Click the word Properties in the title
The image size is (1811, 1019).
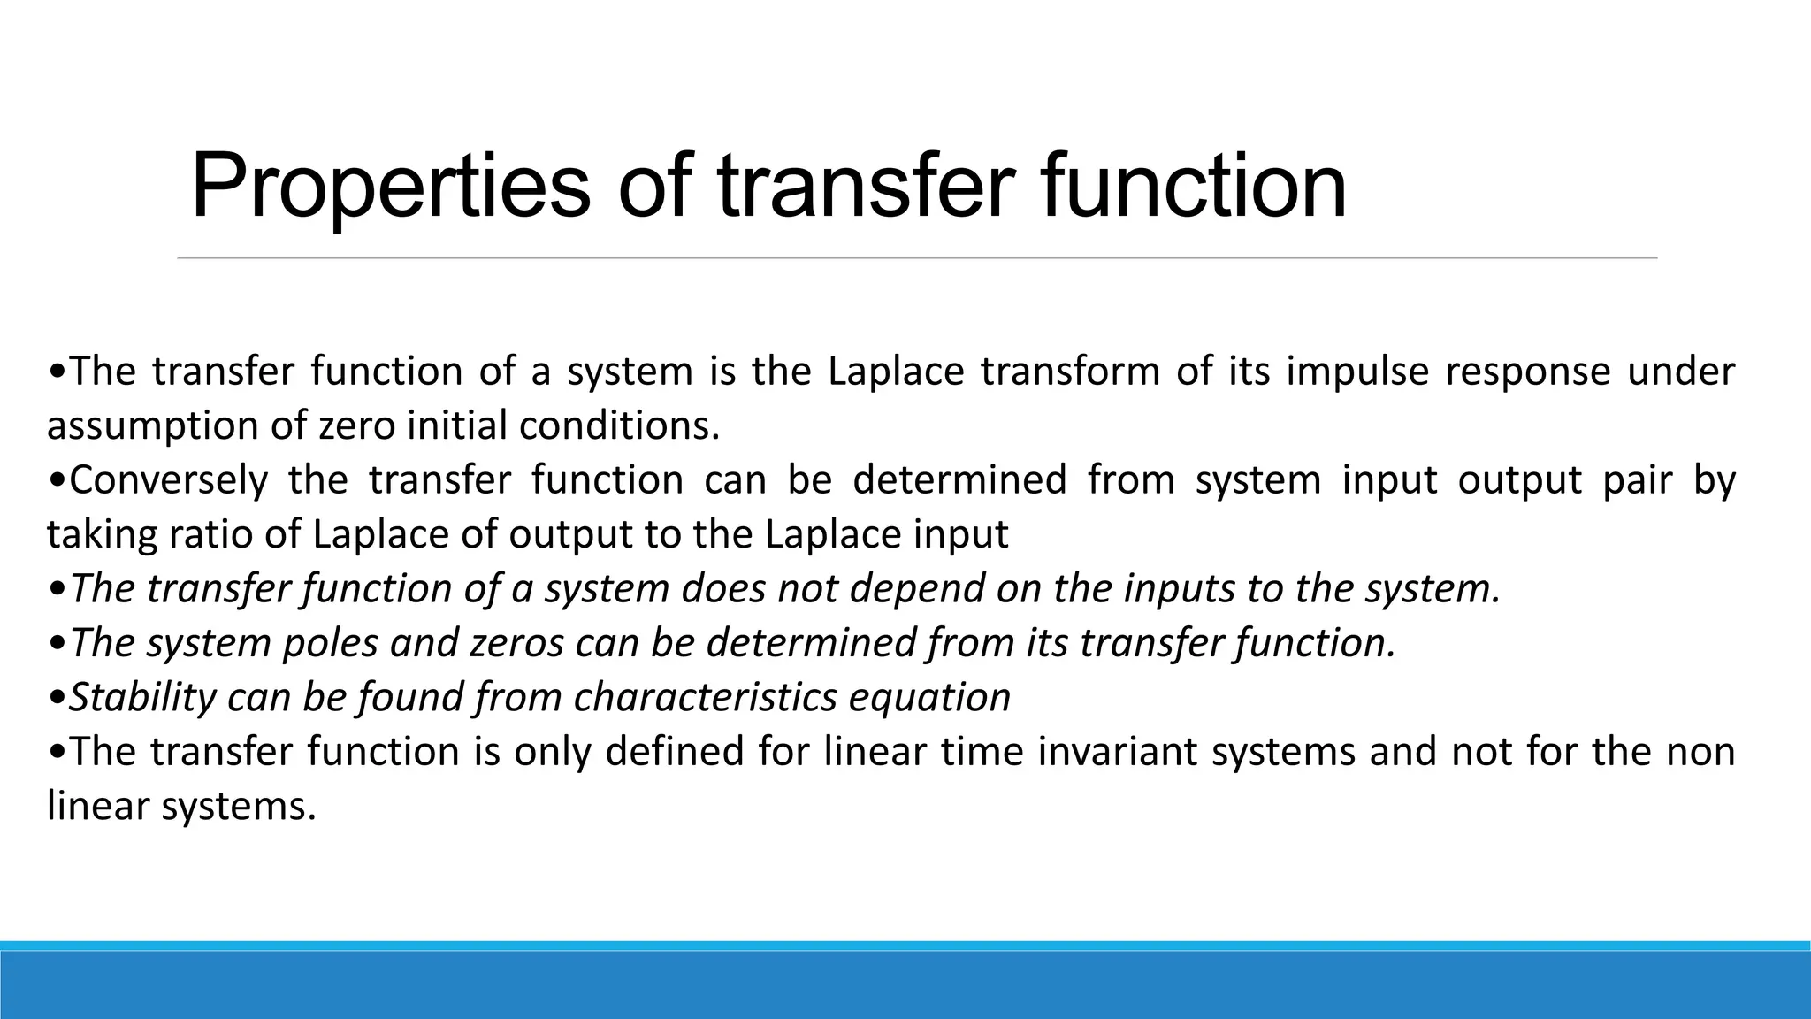click(x=389, y=188)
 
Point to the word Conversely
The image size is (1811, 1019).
click(x=168, y=480)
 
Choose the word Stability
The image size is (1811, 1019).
click(x=142, y=697)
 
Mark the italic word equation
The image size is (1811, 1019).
click(x=929, y=697)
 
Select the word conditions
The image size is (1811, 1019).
click(x=619, y=426)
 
